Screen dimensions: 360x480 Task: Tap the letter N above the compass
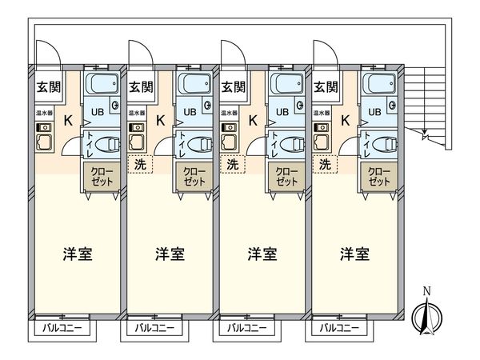426,290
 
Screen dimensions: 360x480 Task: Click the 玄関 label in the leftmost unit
47,87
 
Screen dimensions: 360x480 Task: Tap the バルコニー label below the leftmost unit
62,328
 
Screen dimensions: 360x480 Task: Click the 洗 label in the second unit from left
141,164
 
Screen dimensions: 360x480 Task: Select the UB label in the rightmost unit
373,112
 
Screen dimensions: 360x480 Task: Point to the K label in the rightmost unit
346,121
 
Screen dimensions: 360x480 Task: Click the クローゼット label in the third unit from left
286,176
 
